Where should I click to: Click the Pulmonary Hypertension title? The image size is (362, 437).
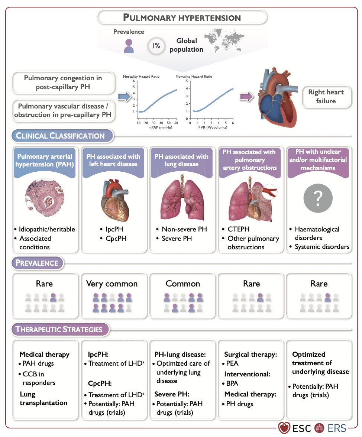click(182, 17)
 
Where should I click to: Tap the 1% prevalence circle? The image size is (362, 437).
click(155, 46)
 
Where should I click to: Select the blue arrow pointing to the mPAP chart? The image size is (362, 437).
click(124, 97)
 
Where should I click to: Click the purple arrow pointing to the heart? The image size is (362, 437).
click(245, 97)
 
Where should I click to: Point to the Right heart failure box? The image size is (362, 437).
click(326, 97)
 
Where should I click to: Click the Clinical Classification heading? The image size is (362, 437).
click(61, 136)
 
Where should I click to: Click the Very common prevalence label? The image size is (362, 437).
click(112, 284)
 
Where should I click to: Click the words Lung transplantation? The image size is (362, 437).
click(43, 398)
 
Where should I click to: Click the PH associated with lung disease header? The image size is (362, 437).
click(182, 160)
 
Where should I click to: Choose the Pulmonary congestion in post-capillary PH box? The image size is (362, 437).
click(63, 82)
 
